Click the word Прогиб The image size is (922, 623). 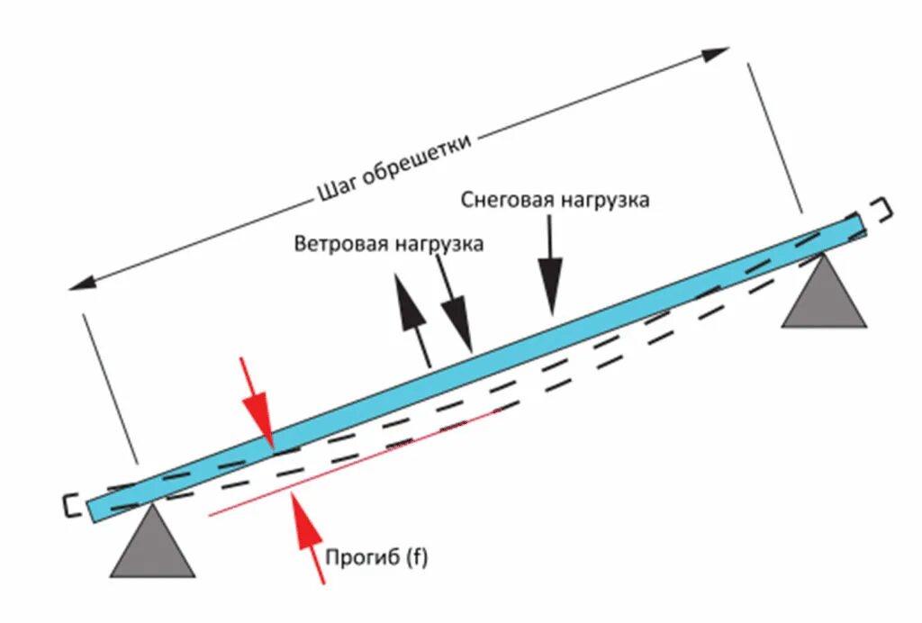tap(364, 558)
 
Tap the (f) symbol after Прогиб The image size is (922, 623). tap(416, 558)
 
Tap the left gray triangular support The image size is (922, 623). tap(152, 546)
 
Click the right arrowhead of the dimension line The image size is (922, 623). tap(717, 53)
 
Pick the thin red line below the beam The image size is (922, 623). tap(351, 464)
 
